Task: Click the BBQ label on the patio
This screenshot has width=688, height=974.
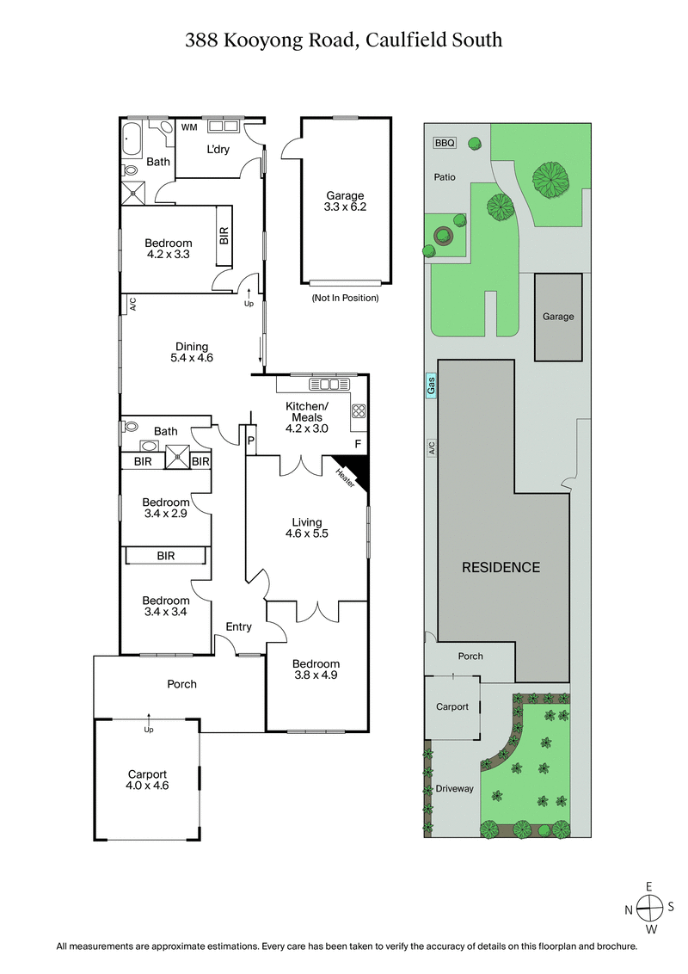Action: (x=445, y=144)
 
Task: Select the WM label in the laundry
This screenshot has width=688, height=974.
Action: (x=189, y=127)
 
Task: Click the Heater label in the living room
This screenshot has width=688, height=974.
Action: (x=346, y=477)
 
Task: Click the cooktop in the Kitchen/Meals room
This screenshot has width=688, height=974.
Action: (x=359, y=411)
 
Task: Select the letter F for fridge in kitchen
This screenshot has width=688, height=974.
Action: (x=358, y=444)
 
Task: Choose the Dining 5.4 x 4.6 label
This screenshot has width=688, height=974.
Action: (x=192, y=352)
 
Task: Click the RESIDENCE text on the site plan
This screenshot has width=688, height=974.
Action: (x=501, y=567)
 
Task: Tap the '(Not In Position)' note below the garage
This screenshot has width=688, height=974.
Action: (x=345, y=298)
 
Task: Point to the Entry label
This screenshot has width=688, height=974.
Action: (x=238, y=627)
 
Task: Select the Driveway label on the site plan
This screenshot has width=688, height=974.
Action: (x=454, y=789)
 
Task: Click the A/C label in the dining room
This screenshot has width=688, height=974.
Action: (x=133, y=304)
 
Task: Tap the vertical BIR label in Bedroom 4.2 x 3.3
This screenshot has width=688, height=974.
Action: (x=224, y=236)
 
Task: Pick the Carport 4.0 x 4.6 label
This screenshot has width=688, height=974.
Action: (x=146, y=780)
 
